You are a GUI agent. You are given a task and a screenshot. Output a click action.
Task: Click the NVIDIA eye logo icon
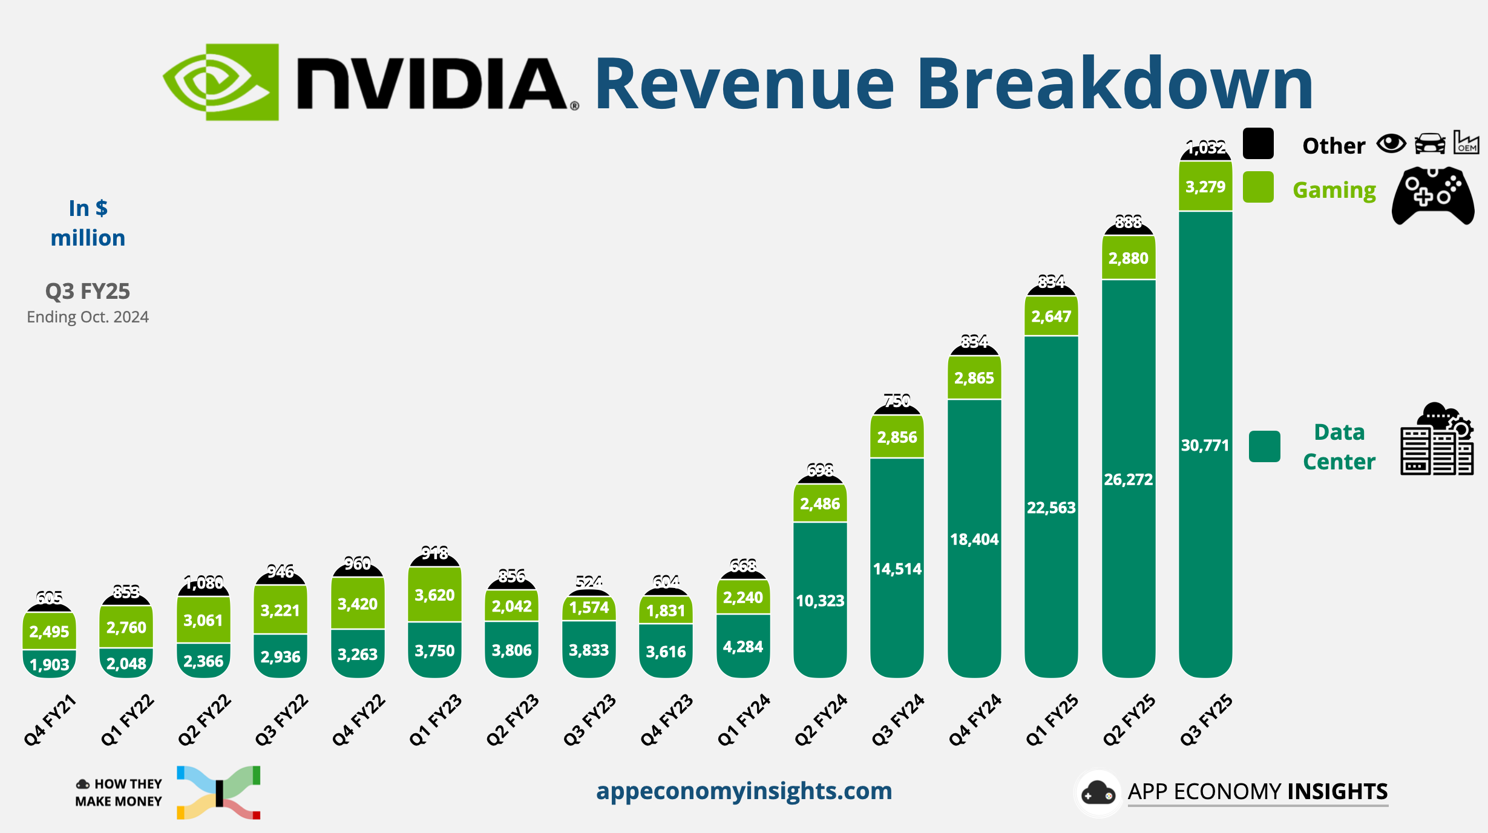[x=220, y=82]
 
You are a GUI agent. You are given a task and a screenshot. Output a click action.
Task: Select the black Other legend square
[x=1257, y=144]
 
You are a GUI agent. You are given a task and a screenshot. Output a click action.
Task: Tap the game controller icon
[x=1432, y=195]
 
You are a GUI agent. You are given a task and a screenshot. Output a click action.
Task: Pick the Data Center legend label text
[x=1339, y=446]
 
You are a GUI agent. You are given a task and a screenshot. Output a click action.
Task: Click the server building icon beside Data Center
[x=1437, y=440]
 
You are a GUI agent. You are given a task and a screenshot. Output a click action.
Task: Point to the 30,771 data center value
[x=1205, y=446]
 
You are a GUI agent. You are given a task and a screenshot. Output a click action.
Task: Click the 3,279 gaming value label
[x=1205, y=187]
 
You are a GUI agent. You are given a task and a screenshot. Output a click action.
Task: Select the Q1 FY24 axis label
[x=744, y=719]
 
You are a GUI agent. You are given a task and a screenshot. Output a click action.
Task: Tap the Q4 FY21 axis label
[x=50, y=719]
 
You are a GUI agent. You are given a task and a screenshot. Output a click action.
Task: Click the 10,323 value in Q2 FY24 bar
[x=820, y=601]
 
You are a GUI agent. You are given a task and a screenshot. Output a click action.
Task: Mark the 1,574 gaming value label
[x=589, y=607]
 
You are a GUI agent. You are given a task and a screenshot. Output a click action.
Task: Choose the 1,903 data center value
[x=49, y=665]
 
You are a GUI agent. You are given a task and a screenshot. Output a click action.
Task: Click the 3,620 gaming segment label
[x=434, y=595]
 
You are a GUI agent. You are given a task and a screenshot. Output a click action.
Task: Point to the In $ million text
[x=88, y=223]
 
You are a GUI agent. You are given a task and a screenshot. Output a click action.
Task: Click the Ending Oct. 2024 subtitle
[x=88, y=317]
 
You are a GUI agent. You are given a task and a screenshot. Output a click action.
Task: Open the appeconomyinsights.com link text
[x=744, y=791]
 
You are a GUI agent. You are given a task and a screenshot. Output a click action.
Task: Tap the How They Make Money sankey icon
[x=218, y=792]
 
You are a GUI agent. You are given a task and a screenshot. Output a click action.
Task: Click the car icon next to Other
[x=1429, y=144]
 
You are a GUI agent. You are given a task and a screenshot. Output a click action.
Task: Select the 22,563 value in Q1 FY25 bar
[x=1051, y=508]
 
